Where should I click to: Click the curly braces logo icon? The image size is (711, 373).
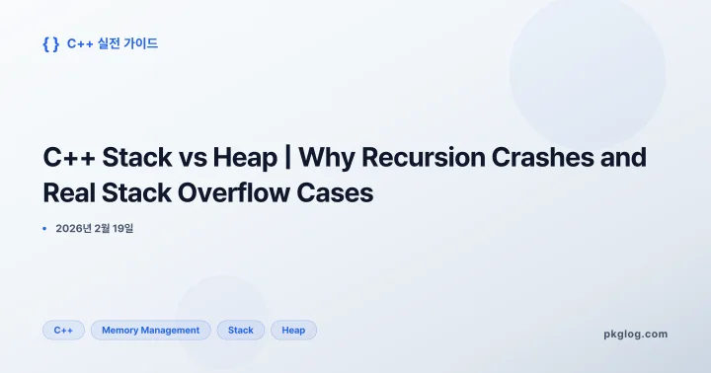coord(51,43)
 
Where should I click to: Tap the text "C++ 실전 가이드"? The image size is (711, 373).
coord(113,43)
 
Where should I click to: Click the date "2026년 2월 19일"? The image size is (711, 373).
coord(94,229)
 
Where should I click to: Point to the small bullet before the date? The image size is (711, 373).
coord(44,229)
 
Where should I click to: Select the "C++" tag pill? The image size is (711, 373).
coord(63,331)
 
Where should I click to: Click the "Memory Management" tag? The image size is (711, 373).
coord(150,331)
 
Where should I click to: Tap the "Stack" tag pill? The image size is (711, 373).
coord(241,331)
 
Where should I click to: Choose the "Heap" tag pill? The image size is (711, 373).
coord(293,331)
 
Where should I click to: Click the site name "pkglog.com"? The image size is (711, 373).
coord(635,334)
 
